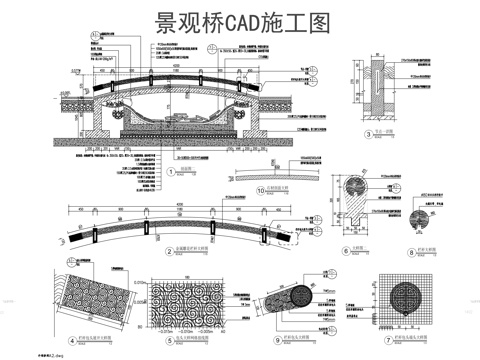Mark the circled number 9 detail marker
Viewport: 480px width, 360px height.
[275, 342]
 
